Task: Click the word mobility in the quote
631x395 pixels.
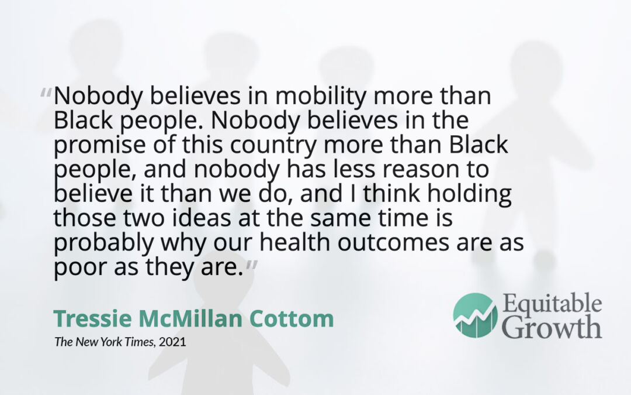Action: click(321, 97)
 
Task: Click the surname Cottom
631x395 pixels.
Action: click(292, 318)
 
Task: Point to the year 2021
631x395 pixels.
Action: click(172, 342)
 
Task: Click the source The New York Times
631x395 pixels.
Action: click(104, 342)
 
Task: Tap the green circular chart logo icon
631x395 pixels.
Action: click(475, 315)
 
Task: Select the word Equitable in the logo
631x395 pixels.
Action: click(552, 304)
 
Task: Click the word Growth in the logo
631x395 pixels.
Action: click(552, 327)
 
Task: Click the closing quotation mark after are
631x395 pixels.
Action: click(251, 265)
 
